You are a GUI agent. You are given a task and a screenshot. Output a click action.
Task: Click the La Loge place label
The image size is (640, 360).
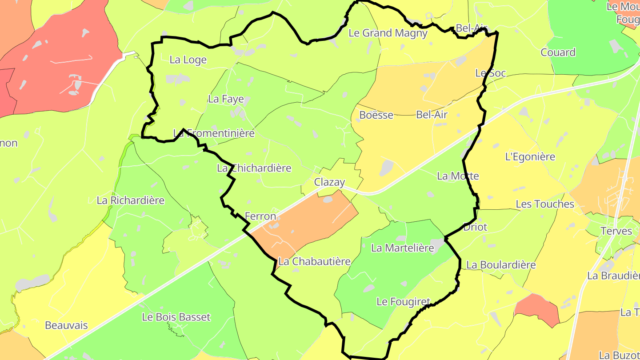pyautogui.click(x=188, y=60)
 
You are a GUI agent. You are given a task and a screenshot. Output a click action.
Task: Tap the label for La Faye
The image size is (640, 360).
pyautogui.click(x=226, y=99)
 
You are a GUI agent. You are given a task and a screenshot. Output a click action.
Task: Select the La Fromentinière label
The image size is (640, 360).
pyautogui.click(x=214, y=133)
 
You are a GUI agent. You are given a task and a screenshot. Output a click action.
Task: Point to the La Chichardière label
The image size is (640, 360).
pyautogui.click(x=254, y=168)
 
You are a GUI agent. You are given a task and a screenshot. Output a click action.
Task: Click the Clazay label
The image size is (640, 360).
pyautogui.click(x=329, y=182)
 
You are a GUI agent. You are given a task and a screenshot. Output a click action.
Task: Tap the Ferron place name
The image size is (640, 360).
pyautogui.click(x=260, y=216)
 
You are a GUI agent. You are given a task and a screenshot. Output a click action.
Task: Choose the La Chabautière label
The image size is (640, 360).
pyautogui.click(x=314, y=261)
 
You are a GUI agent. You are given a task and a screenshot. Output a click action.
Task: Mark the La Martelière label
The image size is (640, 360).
pyautogui.click(x=402, y=248)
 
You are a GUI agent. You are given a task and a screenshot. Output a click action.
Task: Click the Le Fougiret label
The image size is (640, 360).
pyautogui.click(x=403, y=302)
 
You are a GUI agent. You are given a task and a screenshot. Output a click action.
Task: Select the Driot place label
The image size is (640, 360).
pyautogui.click(x=475, y=227)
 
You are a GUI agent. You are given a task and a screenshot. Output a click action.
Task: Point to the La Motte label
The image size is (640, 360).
pyautogui.click(x=458, y=176)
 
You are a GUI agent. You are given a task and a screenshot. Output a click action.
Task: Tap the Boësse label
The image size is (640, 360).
pyautogui.click(x=376, y=115)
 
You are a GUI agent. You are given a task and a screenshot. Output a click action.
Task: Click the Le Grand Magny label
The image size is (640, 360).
pyautogui.click(x=388, y=33)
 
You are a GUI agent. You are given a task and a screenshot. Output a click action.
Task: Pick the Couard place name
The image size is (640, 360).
pyautogui.click(x=558, y=52)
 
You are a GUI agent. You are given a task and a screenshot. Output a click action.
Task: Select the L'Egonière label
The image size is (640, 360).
pyautogui.click(x=530, y=157)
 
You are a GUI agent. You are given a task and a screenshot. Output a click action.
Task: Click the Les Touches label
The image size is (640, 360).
pyautogui.click(x=545, y=204)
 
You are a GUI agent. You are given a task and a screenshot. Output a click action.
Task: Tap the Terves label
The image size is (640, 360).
pyautogui.click(x=616, y=231)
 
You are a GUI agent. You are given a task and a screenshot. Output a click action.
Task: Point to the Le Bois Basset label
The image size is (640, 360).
pyautogui.click(x=176, y=317)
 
